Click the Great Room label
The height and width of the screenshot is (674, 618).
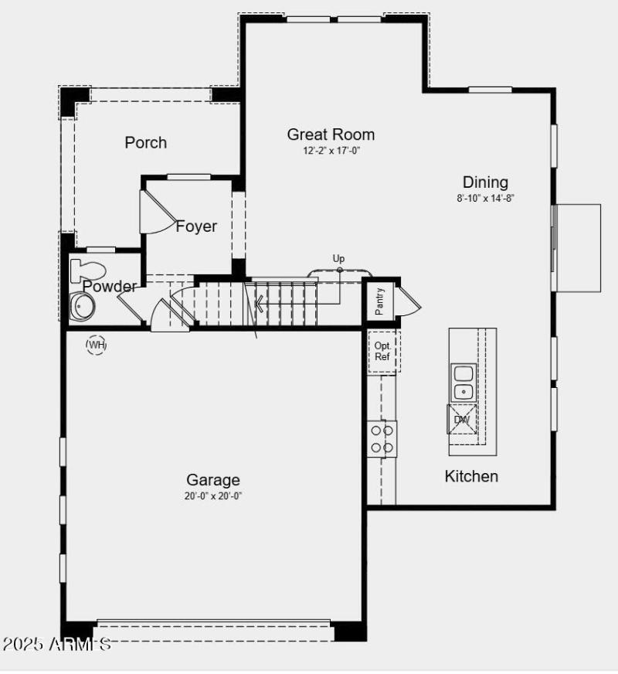(x=331, y=134)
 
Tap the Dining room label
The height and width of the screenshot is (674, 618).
(x=485, y=182)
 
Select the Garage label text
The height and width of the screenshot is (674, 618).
(x=213, y=480)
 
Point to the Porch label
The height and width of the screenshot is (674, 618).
(x=145, y=142)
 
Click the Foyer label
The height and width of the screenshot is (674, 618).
(x=196, y=226)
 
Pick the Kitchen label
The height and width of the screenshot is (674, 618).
(x=471, y=476)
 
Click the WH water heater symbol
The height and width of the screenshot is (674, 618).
(x=96, y=345)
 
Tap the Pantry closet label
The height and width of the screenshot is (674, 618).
(x=380, y=302)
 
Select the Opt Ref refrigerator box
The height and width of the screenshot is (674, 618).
(x=382, y=352)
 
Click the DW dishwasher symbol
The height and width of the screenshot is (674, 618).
(x=462, y=420)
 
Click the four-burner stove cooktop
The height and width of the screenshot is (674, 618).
(x=382, y=438)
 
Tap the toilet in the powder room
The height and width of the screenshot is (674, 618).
(x=87, y=271)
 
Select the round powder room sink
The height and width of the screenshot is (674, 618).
(x=81, y=306)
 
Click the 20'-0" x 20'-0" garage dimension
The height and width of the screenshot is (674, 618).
(x=213, y=496)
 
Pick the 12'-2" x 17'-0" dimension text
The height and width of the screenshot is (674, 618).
(x=331, y=151)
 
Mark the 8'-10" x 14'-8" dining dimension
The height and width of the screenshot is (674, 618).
(x=485, y=198)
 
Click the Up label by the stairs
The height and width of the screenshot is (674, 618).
(x=338, y=259)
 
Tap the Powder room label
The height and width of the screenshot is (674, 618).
(x=110, y=287)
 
